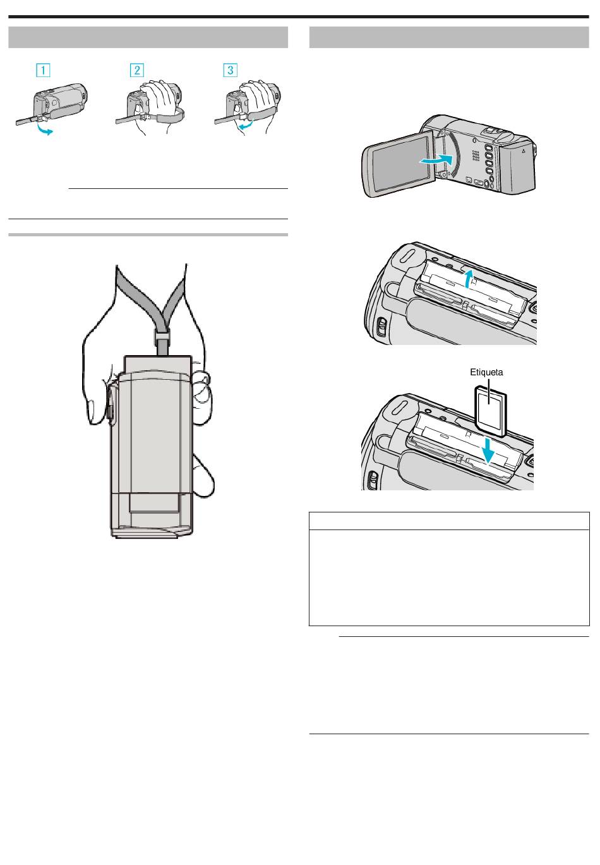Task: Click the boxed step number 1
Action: (43, 70)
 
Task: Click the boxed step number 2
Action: (136, 70)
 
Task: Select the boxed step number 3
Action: (230, 70)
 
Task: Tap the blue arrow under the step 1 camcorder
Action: (44, 129)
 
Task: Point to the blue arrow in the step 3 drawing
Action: (246, 124)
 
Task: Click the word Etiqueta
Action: (486, 372)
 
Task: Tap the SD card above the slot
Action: (490, 411)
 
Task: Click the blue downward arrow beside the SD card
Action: (489, 450)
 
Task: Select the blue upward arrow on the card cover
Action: (469, 279)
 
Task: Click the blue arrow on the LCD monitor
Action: (436, 159)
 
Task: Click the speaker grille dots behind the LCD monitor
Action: (476, 155)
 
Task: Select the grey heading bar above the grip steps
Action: (148, 37)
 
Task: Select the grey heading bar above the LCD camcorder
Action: (449, 37)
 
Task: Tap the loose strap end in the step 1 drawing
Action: (27, 121)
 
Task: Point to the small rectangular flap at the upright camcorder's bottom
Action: (154, 503)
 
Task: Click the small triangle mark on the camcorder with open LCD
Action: (524, 151)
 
